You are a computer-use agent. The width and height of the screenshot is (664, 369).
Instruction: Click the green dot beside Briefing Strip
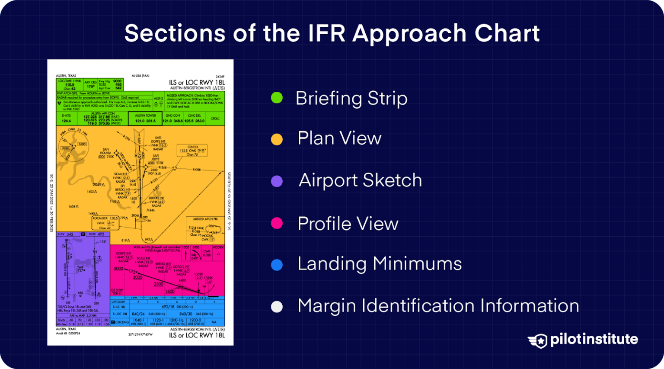pyautogui.click(x=277, y=98)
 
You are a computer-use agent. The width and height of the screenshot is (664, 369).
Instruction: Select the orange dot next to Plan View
pyautogui.click(x=277, y=139)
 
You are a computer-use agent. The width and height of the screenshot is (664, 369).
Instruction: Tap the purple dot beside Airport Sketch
pyautogui.click(x=277, y=181)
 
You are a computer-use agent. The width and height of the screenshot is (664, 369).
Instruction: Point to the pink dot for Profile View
pyautogui.click(x=277, y=223)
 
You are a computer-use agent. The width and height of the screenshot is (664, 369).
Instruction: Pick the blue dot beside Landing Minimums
pyautogui.click(x=277, y=265)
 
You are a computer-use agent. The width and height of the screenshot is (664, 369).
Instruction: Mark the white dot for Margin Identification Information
pyautogui.click(x=277, y=307)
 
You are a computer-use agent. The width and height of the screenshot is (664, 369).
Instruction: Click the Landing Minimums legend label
pyautogui.click(x=379, y=264)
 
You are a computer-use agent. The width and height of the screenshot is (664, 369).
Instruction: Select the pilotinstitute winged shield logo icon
pyautogui.click(x=537, y=340)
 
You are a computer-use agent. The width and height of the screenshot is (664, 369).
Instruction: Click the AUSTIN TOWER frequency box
pyautogui.click(x=145, y=118)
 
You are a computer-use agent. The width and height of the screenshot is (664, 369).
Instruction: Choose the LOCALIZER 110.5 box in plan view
pyautogui.click(x=105, y=223)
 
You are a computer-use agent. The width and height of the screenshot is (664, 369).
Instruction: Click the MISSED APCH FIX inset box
pyautogui.click(x=205, y=229)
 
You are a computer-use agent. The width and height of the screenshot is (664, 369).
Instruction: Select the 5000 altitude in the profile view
pyautogui.click(x=118, y=269)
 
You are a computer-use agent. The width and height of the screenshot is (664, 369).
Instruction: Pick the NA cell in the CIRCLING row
pyautogui.click(x=214, y=322)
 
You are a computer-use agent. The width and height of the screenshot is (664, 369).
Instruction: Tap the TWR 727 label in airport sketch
pyautogui.click(x=80, y=269)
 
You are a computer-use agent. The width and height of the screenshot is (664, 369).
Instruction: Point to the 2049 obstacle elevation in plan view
pyautogui.click(x=97, y=184)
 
